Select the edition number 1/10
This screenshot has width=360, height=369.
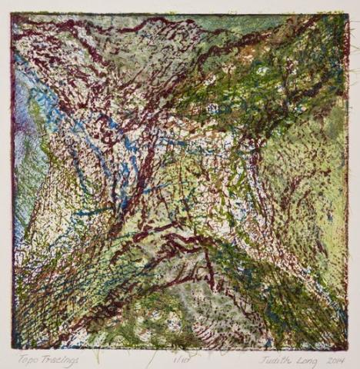coord(182,357)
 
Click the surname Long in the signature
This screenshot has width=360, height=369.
coord(306,358)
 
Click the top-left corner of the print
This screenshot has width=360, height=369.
coord(12,14)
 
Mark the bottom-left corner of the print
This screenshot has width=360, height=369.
coord(12,348)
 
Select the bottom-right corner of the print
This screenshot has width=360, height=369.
coord(348,348)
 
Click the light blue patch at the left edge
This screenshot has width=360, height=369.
coord(23,108)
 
